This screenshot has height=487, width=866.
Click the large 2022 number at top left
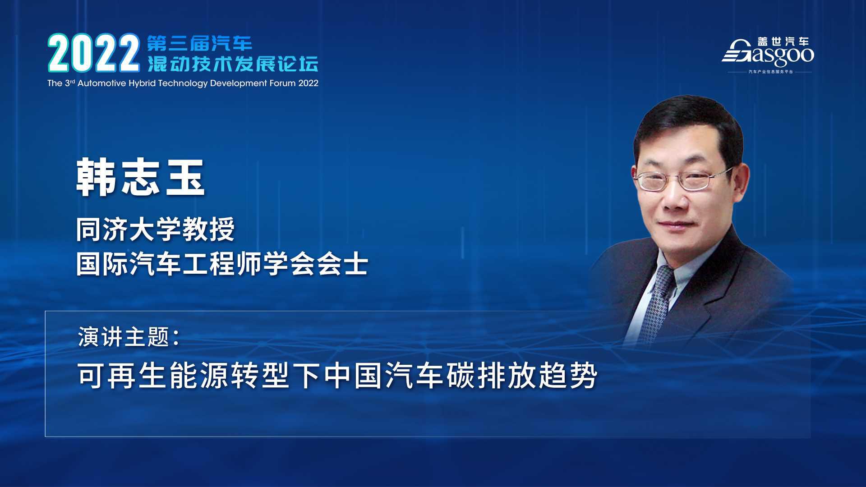click(x=94, y=53)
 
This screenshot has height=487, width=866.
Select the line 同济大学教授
click(x=156, y=230)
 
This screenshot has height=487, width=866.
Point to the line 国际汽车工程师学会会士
click(x=222, y=264)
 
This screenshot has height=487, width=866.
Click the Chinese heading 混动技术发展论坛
click(x=233, y=64)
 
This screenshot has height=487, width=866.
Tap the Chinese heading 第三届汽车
click(x=199, y=43)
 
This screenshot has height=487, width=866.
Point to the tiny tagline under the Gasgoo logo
click(x=770, y=72)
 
